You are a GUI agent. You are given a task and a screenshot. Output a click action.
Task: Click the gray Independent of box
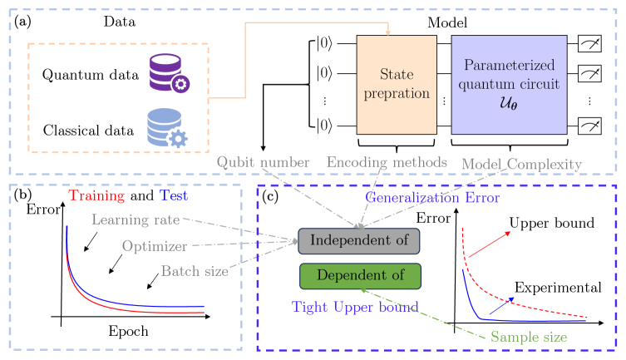pyautogui.click(x=359, y=239)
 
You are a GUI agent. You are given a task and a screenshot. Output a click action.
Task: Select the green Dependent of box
pyautogui.click(x=359, y=275)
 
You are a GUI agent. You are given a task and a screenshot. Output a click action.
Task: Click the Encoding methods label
pyautogui.click(x=387, y=161)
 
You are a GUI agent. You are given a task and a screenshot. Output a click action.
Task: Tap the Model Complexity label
pyautogui.click(x=521, y=164)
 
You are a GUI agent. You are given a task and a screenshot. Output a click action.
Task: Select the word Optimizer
pyautogui.click(x=153, y=246)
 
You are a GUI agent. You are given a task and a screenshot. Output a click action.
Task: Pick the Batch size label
pyautogui.click(x=194, y=270)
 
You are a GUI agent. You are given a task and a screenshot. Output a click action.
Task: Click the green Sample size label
pyautogui.click(x=528, y=338)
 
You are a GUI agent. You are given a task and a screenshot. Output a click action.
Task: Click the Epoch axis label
pyautogui.click(x=128, y=331)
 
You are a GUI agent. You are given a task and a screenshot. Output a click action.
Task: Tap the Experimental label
pyautogui.click(x=557, y=287)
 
